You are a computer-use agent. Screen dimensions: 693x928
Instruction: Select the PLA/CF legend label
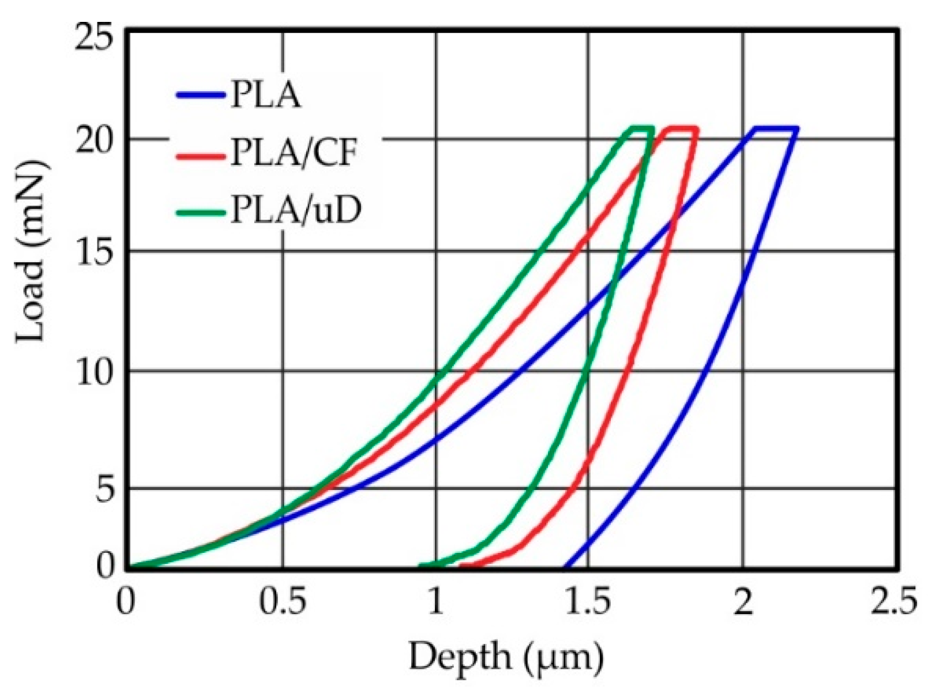(292, 154)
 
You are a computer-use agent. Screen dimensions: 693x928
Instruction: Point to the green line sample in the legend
(200, 213)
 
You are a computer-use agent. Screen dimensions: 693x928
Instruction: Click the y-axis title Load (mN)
(32, 252)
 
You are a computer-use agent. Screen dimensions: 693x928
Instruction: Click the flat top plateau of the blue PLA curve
(775, 128)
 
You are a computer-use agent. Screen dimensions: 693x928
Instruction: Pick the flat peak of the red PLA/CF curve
(682, 128)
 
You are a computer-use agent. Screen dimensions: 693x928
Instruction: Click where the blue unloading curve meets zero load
(566, 567)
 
